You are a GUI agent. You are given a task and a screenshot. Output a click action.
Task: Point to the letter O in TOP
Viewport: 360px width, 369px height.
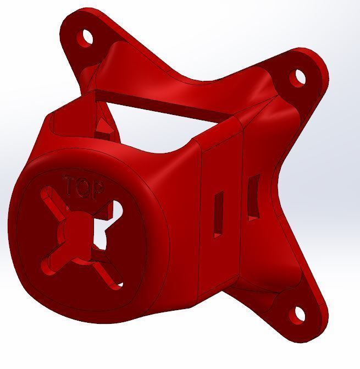83,188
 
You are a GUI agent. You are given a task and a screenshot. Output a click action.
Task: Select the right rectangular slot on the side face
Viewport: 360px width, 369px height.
253,198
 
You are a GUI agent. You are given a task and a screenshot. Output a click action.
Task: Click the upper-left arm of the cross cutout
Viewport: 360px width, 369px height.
53,200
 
